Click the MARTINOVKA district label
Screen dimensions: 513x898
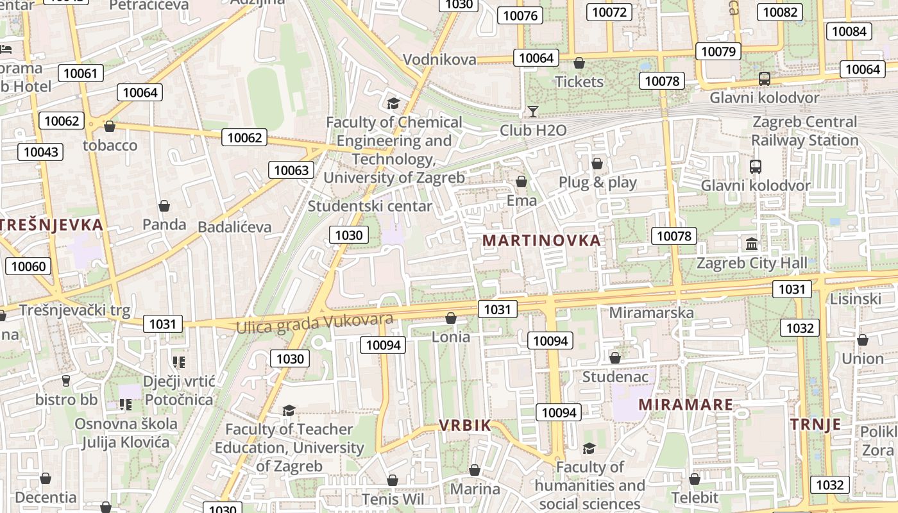pyautogui.click(x=541, y=240)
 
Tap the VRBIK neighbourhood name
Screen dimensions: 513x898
pyautogui.click(x=465, y=425)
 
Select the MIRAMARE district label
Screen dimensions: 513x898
pyautogui.click(x=686, y=405)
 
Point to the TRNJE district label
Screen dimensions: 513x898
pyautogui.click(x=815, y=424)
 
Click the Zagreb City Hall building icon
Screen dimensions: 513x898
pyautogui.click(x=752, y=244)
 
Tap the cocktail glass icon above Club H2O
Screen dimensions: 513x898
pyautogui.click(x=532, y=112)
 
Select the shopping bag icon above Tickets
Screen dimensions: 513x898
pyautogui.click(x=579, y=63)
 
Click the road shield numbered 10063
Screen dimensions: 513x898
pyautogui.click(x=291, y=170)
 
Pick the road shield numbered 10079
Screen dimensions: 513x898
pyautogui.click(x=719, y=51)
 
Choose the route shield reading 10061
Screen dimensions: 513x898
pyautogui.click(x=80, y=73)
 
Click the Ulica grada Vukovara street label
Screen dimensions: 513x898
pyautogui.click(x=314, y=323)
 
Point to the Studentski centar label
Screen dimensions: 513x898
pyautogui.click(x=370, y=206)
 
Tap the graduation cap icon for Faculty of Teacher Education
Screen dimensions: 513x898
pyautogui.click(x=289, y=410)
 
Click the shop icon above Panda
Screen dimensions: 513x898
pyautogui.click(x=164, y=206)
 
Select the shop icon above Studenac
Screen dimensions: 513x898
pyautogui.click(x=615, y=358)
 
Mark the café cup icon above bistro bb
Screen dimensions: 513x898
pyautogui.click(x=65, y=381)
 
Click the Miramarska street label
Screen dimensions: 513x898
pyautogui.click(x=651, y=312)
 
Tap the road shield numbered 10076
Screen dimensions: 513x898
pyautogui.click(x=520, y=15)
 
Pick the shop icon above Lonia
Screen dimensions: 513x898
pyautogui.click(x=451, y=318)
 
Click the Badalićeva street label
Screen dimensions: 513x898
pyautogui.click(x=234, y=227)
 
